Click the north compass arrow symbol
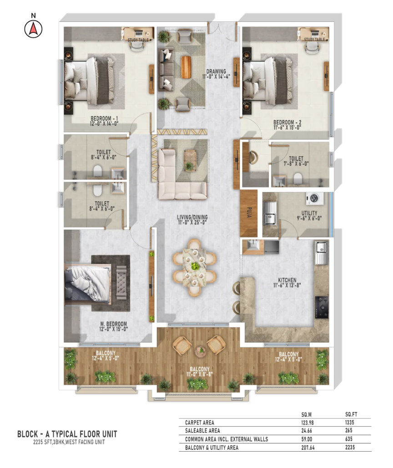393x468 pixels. pyautogui.click(x=33, y=29)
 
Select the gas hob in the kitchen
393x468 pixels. pyautogui.click(x=322, y=307)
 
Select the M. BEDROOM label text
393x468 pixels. pyautogui.click(x=113, y=324)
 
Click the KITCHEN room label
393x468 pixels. pyautogui.click(x=287, y=280)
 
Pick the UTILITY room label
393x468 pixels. pyautogui.click(x=309, y=213)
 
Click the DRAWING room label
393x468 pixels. pyautogui.click(x=216, y=71)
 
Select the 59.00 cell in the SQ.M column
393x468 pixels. pyautogui.click(x=307, y=439)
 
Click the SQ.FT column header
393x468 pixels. pyautogui.click(x=351, y=414)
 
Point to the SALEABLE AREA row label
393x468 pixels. pyautogui.click(x=202, y=431)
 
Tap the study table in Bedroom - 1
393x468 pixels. pyautogui.click(x=138, y=34)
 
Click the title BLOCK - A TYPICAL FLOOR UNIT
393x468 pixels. pyautogui.click(x=67, y=434)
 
